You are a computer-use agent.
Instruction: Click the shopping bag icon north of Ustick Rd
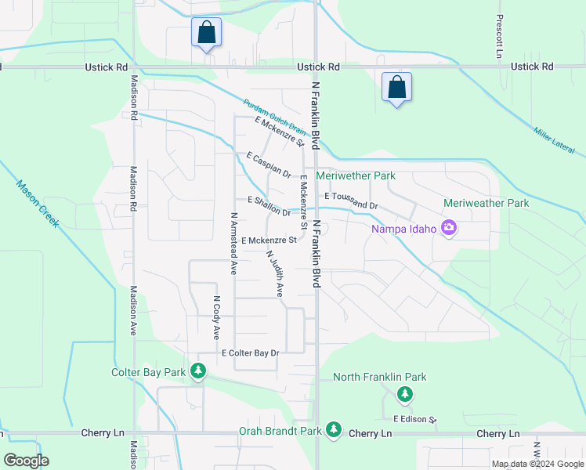[x=206, y=33]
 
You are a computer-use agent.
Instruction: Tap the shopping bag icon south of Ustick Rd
[x=397, y=87]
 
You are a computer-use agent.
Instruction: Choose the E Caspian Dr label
[x=268, y=165]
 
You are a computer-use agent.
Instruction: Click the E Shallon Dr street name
[x=269, y=206]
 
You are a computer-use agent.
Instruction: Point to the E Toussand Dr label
[x=351, y=201]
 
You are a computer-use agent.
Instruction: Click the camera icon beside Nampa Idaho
[x=449, y=229]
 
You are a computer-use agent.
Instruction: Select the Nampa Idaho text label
[x=404, y=229]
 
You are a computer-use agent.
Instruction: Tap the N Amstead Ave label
[x=233, y=243]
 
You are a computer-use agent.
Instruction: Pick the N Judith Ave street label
[x=275, y=273]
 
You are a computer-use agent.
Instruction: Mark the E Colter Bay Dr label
[x=250, y=353]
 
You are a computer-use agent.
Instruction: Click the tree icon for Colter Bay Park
[x=199, y=371]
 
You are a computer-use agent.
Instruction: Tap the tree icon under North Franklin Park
[x=405, y=394]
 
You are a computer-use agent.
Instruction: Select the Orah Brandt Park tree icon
[x=334, y=430]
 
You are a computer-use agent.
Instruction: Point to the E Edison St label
[x=414, y=419]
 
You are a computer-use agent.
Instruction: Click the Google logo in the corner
[x=26, y=461]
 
